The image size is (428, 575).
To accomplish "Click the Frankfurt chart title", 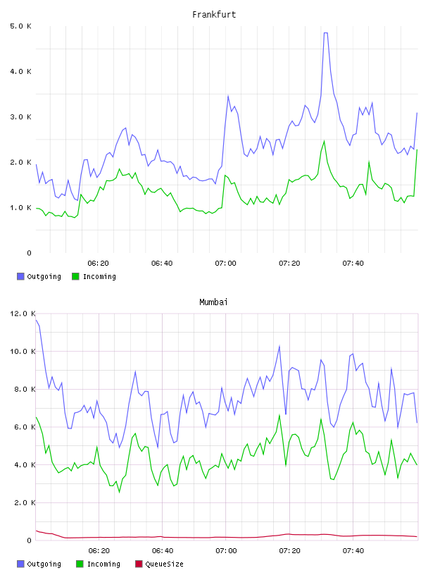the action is tap(214, 15).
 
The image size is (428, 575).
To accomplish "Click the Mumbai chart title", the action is tap(213, 302).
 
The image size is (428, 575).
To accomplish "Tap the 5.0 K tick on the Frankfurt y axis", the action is tap(21, 26).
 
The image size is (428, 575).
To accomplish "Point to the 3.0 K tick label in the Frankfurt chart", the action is tap(21, 117).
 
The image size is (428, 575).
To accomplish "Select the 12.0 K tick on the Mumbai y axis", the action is tap(23, 314).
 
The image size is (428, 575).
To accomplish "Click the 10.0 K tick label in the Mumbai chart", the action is tap(23, 352).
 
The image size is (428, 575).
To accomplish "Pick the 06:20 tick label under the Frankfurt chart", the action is tap(99, 264).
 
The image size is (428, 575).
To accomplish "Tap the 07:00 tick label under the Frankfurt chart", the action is tap(226, 264).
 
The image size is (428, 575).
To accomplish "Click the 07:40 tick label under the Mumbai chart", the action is tap(353, 551).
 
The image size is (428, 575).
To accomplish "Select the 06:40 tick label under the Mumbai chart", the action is tap(163, 551).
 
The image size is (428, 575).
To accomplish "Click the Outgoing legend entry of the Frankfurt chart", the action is tap(39, 276).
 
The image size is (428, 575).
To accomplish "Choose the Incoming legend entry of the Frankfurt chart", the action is tap(94, 276).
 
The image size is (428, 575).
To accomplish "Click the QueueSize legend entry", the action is tap(159, 564).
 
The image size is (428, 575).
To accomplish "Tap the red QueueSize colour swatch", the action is tap(139, 564).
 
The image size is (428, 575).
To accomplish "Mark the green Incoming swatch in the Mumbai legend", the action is tap(80, 564).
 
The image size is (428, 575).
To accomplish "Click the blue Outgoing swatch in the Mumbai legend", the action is tap(20, 564).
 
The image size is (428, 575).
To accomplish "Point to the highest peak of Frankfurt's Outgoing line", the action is tap(325, 33).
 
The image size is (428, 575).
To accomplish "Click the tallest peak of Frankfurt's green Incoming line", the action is tap(325, 141).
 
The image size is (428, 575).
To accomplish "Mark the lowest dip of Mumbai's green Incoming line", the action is tap(119, 492).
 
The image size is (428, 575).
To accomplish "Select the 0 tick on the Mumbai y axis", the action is tap(30, 540).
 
